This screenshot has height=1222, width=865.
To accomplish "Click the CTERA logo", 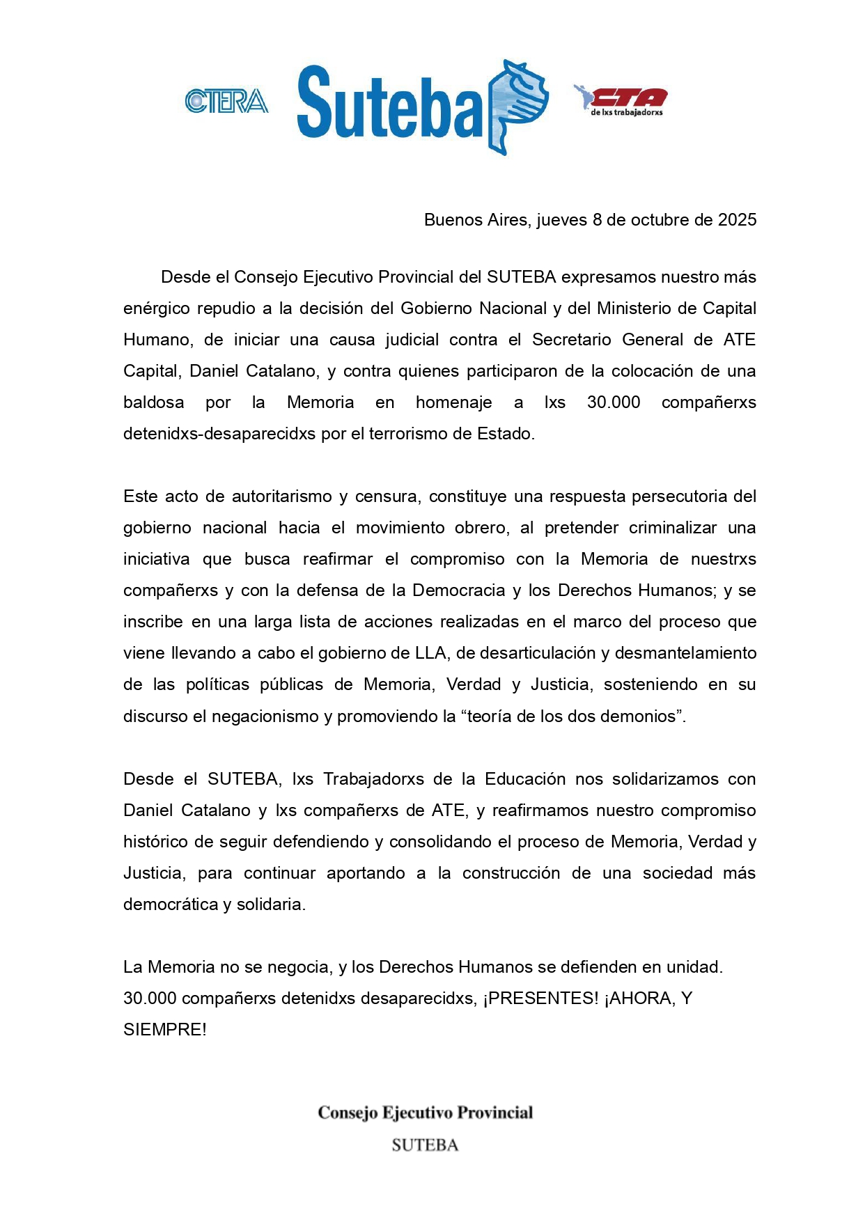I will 226,102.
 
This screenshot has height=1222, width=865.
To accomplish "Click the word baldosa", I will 153,402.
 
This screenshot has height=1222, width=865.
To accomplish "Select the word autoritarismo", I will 281,496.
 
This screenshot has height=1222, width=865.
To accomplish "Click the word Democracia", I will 458,590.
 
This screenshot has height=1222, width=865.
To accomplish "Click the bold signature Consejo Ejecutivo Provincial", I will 425,1113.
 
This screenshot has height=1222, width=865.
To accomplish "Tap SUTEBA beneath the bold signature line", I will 425,1145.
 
